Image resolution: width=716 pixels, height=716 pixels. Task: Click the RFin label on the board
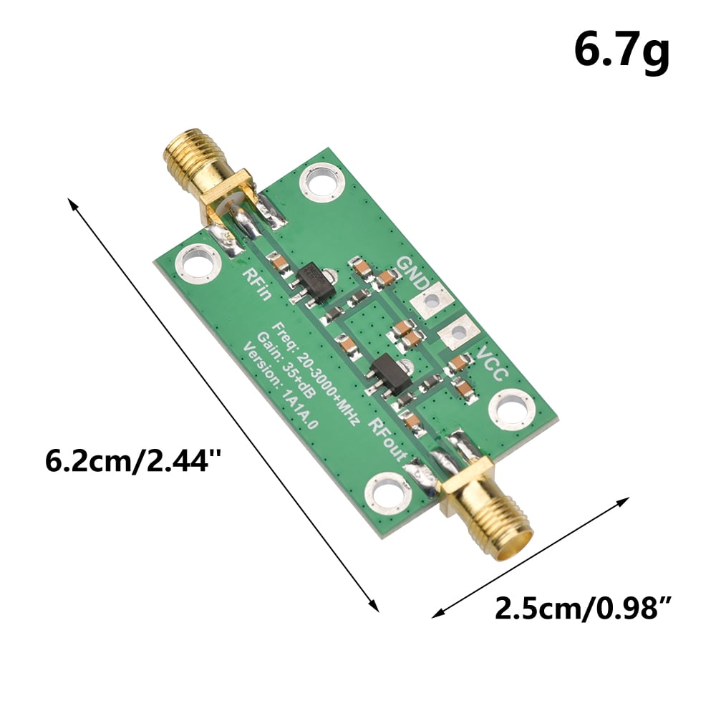(257, 284)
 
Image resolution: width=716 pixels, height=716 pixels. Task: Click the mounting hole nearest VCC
(511, 411)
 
